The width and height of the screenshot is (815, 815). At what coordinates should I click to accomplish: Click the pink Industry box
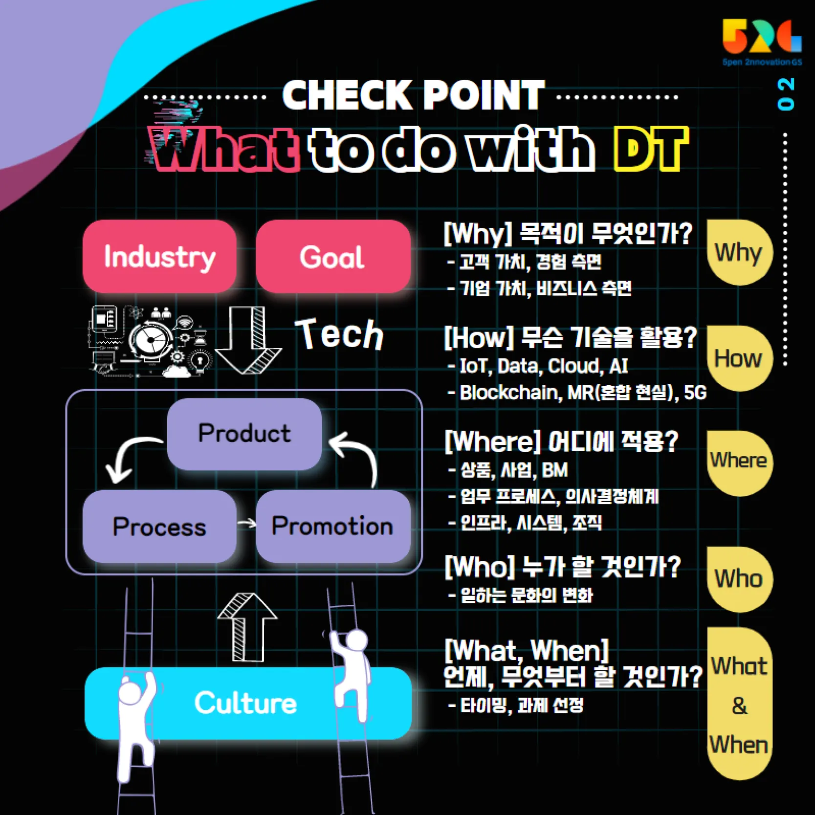pyautogui.click(x=159, y=257)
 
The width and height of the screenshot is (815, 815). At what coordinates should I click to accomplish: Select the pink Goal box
pyautogui.click(x=332, y=257)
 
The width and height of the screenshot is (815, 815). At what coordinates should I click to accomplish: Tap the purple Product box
pyautogui.click(x=244, y=434)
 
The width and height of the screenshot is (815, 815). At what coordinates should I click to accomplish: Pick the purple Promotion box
pyautogui.click(x=332, y=527)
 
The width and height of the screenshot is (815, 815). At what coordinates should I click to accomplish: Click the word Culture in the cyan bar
pyautogui.click(x=245, y=703)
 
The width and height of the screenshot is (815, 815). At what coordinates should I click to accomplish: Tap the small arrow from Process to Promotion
pyautogui.click(x=247, y=524)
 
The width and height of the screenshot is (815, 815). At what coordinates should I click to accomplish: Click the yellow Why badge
pyautogui.click(x=739, y=253)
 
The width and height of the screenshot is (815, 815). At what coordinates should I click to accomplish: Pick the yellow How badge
pyautogui.click(x=739, y=359)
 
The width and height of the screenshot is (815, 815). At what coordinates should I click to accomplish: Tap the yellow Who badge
pyautogui.click(x=739, y=579)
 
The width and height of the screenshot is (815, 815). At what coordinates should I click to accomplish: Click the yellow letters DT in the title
pyautogui.click(x=650, y=149)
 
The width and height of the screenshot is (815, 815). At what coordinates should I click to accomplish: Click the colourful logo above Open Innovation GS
pyautogui.click(x=761, y=37)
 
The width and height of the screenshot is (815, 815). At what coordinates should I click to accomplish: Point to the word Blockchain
pyautogui.click(x=508, y=393)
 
